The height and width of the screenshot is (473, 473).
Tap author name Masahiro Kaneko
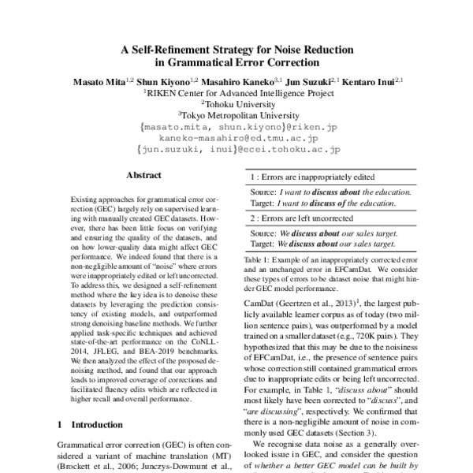point(234,80)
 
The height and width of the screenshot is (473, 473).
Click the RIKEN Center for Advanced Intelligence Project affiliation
point(237,91)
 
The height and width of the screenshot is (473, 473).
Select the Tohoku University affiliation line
point(237,102)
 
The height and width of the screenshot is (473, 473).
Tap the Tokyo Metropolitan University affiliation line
point(237,114)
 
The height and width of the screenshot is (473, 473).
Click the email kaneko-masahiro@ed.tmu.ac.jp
point(237,136)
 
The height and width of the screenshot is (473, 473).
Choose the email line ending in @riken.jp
point(237,125)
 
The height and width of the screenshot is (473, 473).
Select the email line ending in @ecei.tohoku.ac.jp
point(237,147)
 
